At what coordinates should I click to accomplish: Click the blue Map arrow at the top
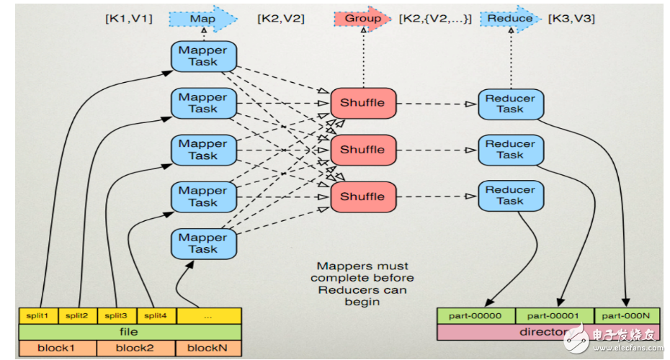(203, 18)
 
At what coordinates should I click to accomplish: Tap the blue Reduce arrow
(511, 18)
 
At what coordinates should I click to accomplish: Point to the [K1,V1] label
(128, 19)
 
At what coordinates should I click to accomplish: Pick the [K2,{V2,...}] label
(435, 19)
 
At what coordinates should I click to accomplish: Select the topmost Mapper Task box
(203, 56)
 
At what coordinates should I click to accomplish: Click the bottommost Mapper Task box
(203, 243)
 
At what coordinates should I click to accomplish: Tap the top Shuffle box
(362, 103)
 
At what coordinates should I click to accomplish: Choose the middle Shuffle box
(362, 150)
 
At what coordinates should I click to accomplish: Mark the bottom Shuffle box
(362, 197)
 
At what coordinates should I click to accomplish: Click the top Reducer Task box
(510, 104)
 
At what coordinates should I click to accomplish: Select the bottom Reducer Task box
(510, 196)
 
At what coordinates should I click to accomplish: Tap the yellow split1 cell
(37, 316)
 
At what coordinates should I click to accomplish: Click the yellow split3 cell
(115, 316)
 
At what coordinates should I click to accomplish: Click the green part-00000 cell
(476, 316)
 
